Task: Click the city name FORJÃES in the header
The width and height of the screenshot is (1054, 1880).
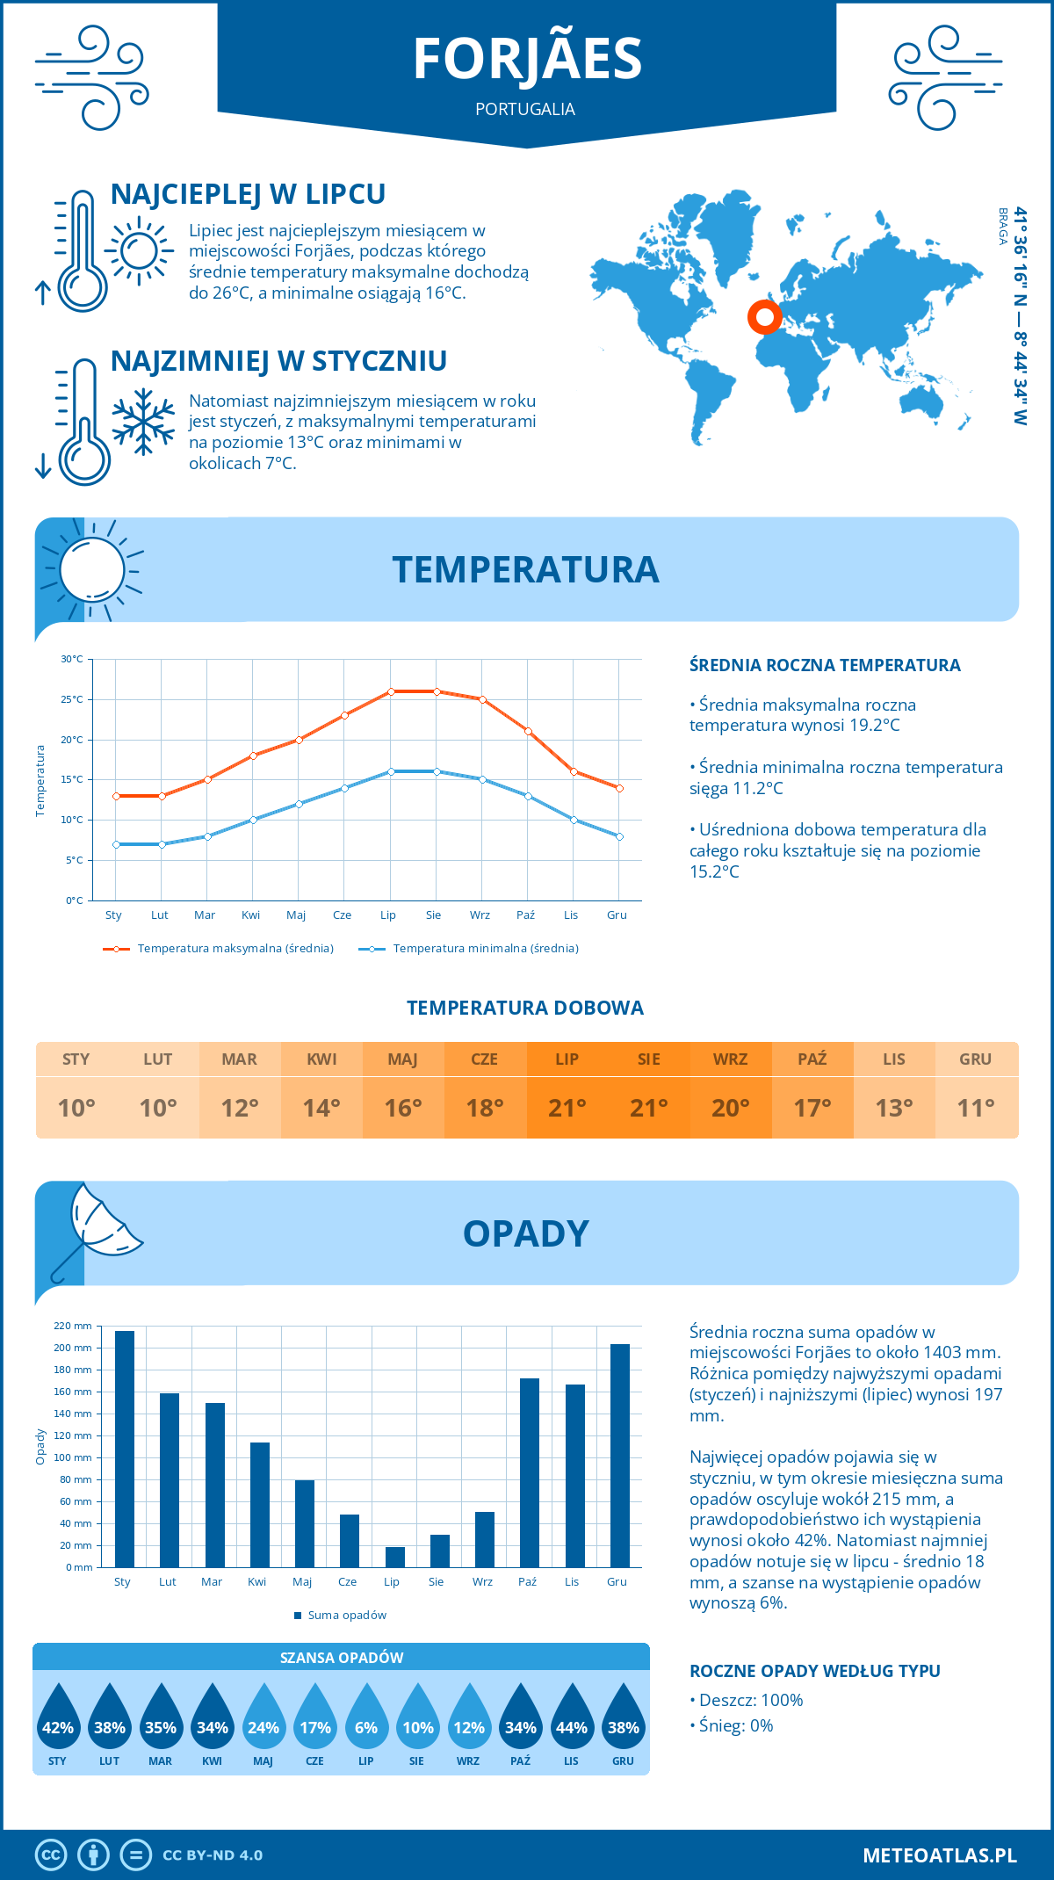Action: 527,59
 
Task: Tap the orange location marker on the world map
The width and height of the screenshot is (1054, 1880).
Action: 764,316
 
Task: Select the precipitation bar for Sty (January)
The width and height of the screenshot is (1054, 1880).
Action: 125,1449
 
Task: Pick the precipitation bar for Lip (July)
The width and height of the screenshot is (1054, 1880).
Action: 395,1557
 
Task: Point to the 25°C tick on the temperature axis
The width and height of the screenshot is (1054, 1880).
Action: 72,699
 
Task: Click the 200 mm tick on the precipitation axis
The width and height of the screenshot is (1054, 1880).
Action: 73,1348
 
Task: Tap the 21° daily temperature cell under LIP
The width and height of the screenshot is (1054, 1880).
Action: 567,1108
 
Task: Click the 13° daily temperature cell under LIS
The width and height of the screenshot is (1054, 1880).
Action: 894,1108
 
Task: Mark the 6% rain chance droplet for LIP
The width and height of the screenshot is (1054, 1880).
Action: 366,1718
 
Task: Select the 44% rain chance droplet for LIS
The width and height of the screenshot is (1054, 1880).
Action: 572,1718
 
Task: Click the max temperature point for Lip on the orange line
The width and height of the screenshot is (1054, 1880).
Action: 391,691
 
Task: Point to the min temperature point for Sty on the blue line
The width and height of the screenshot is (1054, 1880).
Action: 116,844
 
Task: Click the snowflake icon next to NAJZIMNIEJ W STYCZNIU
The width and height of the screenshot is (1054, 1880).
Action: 143,422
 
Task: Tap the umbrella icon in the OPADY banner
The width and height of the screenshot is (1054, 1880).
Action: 97,1227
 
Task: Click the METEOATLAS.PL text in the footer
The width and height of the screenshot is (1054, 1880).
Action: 939,1855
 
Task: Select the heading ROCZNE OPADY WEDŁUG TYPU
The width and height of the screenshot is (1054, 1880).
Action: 814,1671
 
